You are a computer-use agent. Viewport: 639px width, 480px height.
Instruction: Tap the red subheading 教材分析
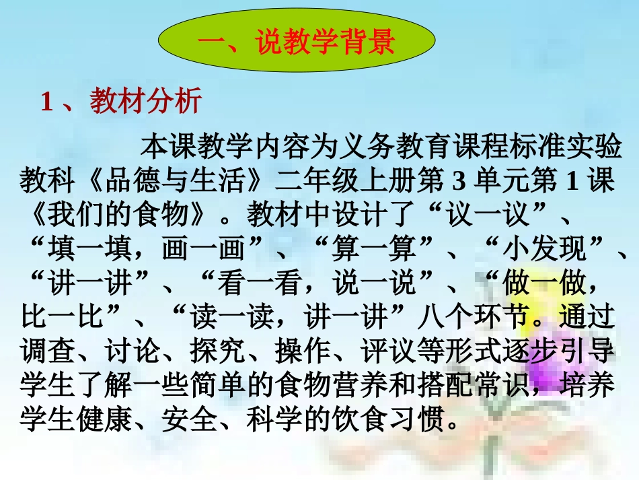145,102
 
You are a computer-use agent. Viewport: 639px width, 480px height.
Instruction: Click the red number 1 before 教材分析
47,103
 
